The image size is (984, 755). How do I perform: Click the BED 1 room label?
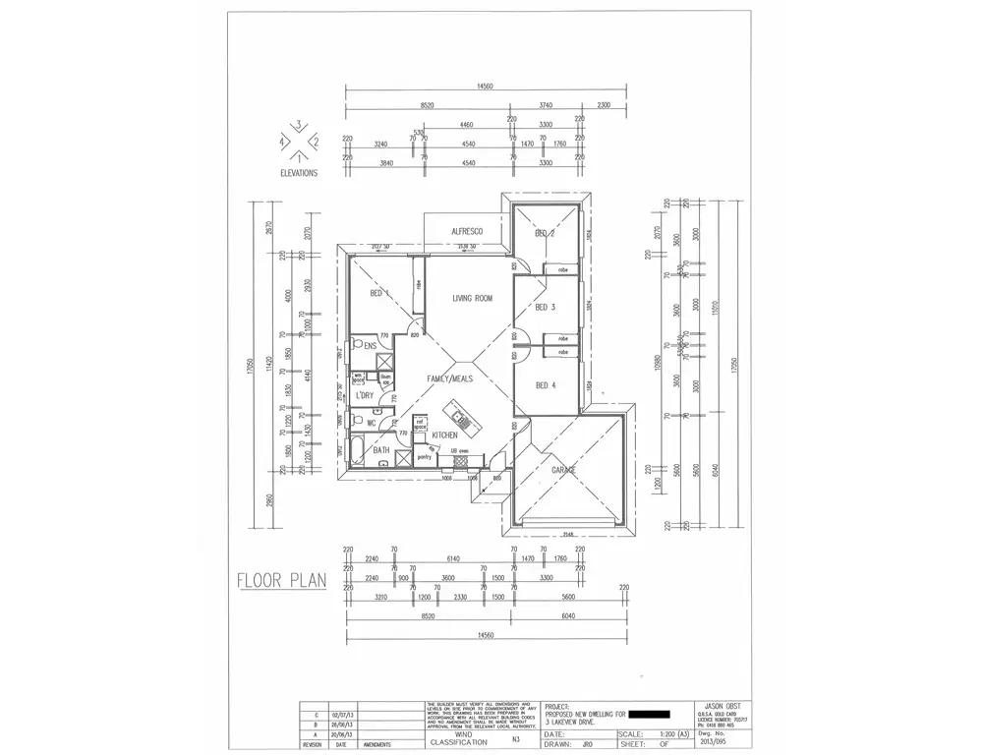pyautogui.click(x=379, y=293)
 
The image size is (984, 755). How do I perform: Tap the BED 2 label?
pyautogui.click(x=546, y=234)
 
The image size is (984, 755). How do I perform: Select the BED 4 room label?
pyautogui.click(x=546, y=385)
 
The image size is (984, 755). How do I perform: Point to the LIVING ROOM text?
pyautogui.click(x=472, y=298)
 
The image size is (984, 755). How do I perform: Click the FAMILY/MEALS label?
pyautogui.click(x=449, y=377)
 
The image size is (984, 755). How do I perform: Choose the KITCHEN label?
pyautogui.click(x=445, y=434)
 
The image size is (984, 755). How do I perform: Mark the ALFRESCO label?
pyautogui.click(x=467, y=231)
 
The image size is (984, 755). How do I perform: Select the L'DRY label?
pyautogui.click(x=365, y=395)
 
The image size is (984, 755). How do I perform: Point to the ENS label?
pyautogui.click(x=371, y=346)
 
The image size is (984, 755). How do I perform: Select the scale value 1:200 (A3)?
pyautogui.click(x=648, y=733)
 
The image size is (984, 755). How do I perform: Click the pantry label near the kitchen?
pyautogui.click(x=424, y=457)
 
